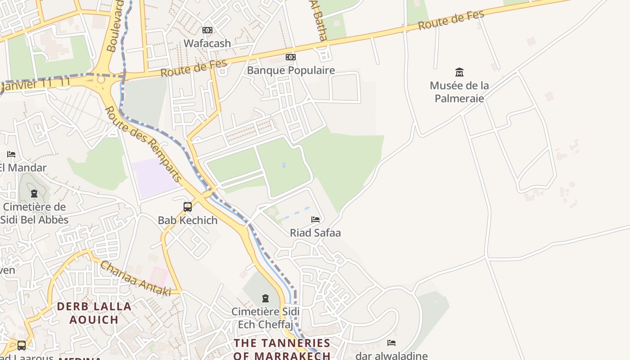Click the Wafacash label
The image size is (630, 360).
tap(207, 44)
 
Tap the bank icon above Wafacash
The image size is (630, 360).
tap(207, 30)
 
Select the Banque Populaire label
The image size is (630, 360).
tap(291, 70)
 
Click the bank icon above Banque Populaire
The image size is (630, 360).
tap(291, 57)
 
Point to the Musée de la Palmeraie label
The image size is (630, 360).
tap(459, 92)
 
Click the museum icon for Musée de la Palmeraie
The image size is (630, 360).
tap(459, 72)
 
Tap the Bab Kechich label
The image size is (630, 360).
tap(188, 220)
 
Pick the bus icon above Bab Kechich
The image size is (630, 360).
tap(188, 207)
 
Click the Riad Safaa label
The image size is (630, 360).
tap(315, 233)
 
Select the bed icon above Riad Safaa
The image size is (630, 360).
tap(315, 220)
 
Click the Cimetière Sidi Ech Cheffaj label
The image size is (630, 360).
tap(265, 318)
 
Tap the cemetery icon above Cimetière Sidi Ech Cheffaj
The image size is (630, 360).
tap(265, 298)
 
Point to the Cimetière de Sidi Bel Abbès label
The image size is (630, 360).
tap(34, 213)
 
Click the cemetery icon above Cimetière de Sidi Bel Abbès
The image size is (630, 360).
tap(34, 194)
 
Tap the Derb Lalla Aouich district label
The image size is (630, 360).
tap(94, 313)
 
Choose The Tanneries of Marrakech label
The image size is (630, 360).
tap(282, 349)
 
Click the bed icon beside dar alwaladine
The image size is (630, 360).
tap(391, 343)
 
